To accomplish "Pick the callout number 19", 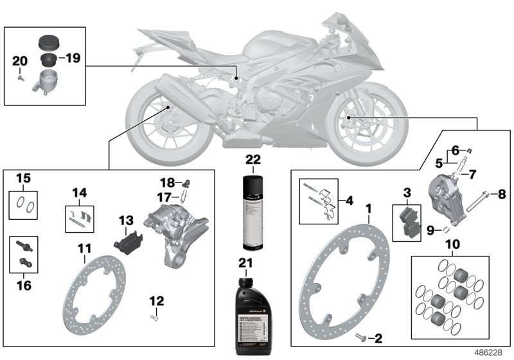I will [x=72, y=58].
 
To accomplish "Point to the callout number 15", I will [x=23, y=177].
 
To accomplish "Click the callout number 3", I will [x=407, y=192].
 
